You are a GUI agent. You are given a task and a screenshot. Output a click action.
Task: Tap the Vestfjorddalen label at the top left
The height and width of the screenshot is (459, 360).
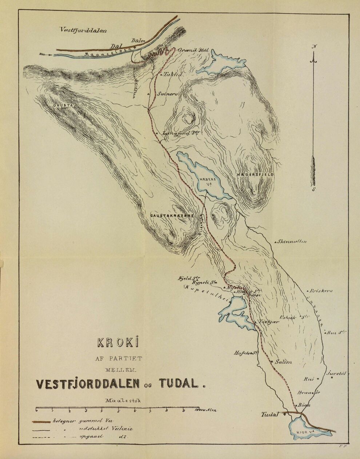coord(83,31)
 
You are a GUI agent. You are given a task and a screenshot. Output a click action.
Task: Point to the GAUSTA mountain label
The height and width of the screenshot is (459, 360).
coord(61,106)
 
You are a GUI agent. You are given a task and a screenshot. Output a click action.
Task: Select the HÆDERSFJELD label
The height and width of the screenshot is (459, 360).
coord(255,175)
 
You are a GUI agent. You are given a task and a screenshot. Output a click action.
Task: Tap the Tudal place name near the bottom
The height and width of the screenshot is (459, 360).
coord(270,414)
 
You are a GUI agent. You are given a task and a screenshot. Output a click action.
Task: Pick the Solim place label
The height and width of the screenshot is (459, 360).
coord(283,362)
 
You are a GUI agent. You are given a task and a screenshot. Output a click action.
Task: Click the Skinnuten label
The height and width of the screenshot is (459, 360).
coord(292,241)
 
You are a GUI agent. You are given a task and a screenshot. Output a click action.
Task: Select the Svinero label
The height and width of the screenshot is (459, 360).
coord(167,93)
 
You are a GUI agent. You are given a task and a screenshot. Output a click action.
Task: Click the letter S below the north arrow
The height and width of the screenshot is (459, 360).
coord(314,189)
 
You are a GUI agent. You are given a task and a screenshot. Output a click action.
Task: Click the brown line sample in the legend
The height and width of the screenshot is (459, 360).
coord(41,422)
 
